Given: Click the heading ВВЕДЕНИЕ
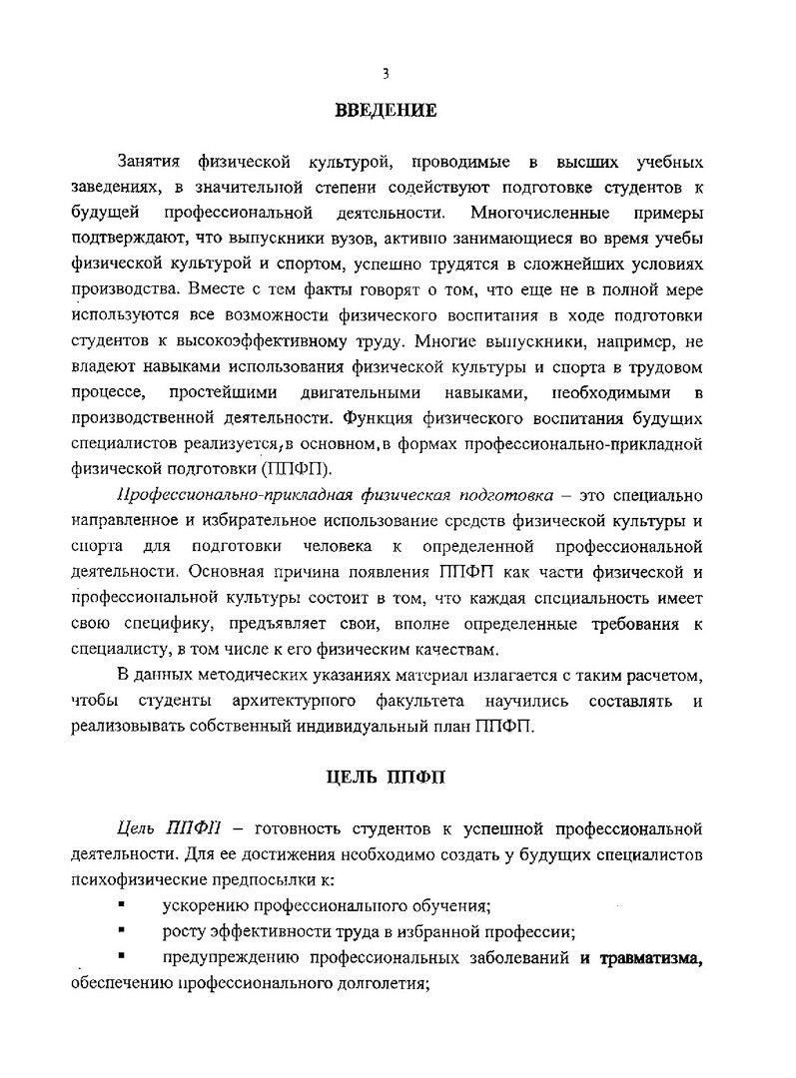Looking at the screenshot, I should pos(385,111).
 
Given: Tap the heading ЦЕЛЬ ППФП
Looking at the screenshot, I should pos(385,780).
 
